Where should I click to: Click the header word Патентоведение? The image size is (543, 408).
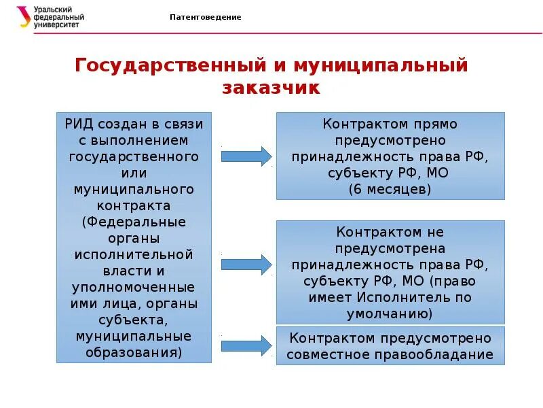click(205, 17)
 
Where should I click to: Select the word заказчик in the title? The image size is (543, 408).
click(270, 88)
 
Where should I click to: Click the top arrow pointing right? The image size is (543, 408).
click(246, 155)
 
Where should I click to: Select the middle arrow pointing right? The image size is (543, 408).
click(246, 264)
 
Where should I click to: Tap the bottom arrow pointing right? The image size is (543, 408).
click(246, 345)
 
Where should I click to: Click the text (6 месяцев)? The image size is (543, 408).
click(390, 189)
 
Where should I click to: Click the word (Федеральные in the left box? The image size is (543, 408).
click(134, 222)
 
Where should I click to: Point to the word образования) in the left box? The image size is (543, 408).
click(134, 353)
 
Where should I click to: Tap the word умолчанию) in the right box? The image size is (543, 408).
click(390, 314)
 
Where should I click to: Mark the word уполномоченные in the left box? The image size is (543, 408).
click(134, 287)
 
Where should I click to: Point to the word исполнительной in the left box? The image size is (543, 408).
click(134, 255)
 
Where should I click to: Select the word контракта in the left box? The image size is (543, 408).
click(134, 205)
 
